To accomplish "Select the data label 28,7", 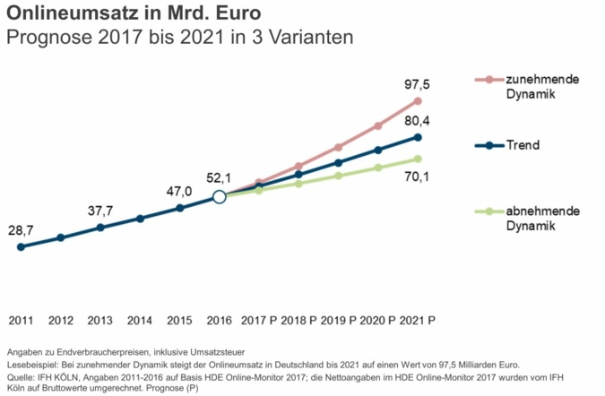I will click(21, 230).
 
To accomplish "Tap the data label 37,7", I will click(100, 211).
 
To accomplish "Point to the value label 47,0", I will click(179, 191).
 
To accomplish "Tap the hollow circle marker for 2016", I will click(219, 197).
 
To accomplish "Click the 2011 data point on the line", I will click(21, 246).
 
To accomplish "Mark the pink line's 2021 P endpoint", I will click(418, 100).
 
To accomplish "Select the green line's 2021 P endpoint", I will click(418, 159).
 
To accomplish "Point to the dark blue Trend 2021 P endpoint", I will click(418, 136).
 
